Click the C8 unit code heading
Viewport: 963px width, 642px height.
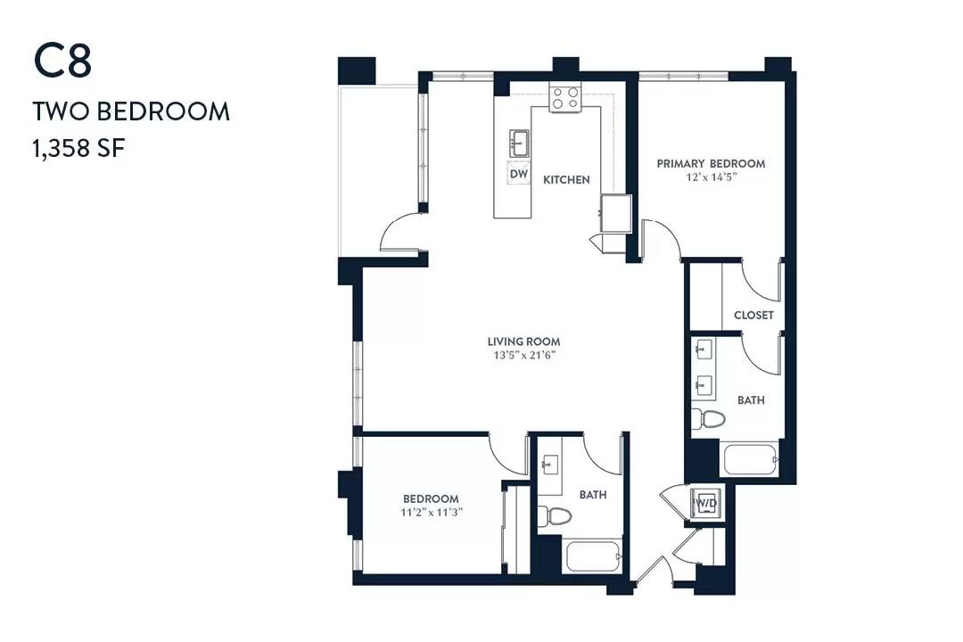pos(63,62)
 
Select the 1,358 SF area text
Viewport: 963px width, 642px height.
pos(77,148)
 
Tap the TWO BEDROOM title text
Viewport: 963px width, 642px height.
pos(131,111)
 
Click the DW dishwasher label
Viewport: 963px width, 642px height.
pos(518,174)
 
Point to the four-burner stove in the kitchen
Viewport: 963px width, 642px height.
pos(564,97)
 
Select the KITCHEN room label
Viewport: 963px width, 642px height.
pos(566,180)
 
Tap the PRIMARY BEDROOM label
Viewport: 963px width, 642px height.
pos(711,163)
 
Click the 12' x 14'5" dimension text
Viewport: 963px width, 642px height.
pos(711,177)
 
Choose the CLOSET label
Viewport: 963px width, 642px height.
pos(753,316)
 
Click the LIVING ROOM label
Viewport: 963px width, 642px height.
pos(523,342)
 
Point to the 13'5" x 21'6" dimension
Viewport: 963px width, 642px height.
pos(523,355)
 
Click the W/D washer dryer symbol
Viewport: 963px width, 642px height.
pos(707,505)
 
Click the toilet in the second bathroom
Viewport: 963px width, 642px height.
pos(556,516)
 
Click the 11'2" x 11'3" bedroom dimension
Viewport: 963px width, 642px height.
pos(431,513)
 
